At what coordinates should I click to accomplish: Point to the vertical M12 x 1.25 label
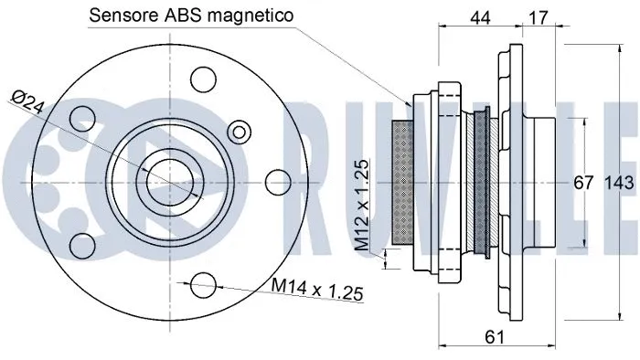coord(362,206)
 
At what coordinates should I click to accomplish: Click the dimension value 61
coord(495,337)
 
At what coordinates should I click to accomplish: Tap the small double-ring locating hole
coord(240,131)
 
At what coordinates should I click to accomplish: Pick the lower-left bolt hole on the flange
coord(83,242)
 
